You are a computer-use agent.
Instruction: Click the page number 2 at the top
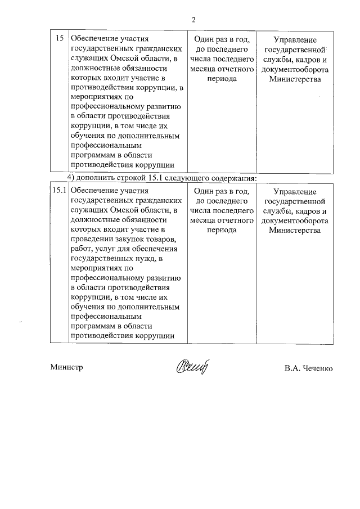(193, 20)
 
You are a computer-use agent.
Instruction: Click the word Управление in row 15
(294, 40)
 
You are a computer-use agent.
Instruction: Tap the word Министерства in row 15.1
(294, 230)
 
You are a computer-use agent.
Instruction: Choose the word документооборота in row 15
(294, 69)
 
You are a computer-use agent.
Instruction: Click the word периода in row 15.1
(220, 230)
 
